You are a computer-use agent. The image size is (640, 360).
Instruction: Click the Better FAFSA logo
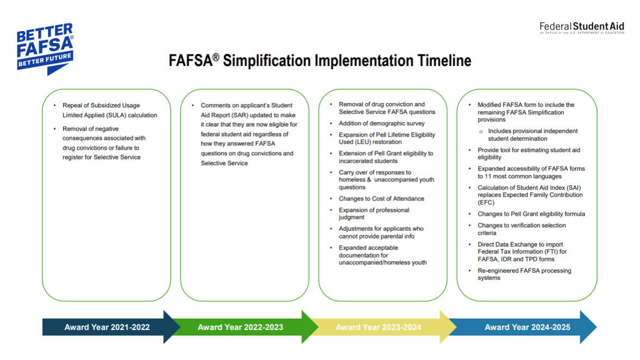(45, 48)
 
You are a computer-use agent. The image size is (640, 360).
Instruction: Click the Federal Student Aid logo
(581, 27)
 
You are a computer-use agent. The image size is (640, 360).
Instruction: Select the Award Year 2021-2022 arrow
(107, 327)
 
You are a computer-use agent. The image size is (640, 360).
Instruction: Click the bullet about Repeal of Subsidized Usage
(109, 111)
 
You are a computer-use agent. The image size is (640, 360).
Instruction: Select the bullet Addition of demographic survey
(381, 124)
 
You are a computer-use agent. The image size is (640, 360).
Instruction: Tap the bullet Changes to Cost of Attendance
(381, 199)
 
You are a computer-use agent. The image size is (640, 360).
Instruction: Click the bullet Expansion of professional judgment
(374, 213)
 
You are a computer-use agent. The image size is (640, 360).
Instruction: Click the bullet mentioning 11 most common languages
(531, 173)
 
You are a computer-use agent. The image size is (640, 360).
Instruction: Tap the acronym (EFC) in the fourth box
(487, 202)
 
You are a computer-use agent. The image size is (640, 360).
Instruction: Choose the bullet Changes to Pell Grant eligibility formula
(531, 214)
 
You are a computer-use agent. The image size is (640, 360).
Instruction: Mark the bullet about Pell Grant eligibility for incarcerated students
(386, 157)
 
